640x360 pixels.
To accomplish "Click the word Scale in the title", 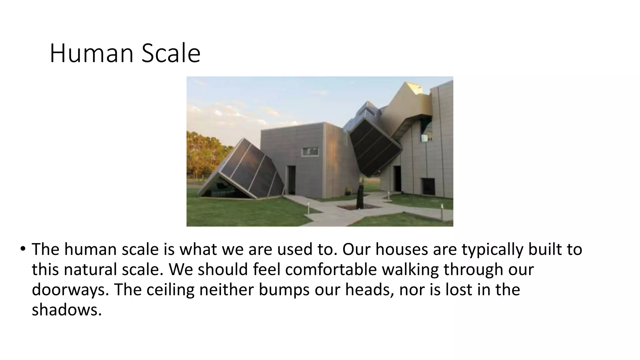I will [171, 53].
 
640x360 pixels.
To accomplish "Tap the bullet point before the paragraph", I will [22, 249].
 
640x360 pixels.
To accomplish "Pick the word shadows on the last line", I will [67, 310].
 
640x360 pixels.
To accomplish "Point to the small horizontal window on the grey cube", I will [310, 152].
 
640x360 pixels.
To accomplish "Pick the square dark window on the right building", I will [428, 187].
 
